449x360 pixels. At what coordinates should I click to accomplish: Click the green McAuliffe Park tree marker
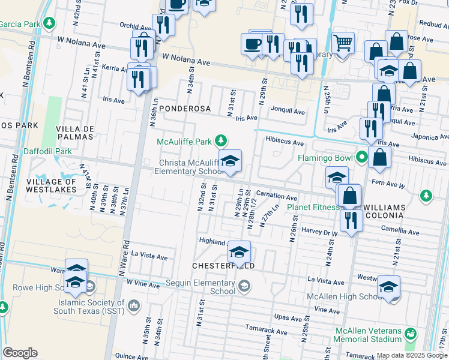click(x=221, y=141)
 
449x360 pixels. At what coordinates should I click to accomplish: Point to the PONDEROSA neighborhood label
click(x=185, y=109)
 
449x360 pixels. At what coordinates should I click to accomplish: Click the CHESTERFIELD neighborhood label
click(x=223, y=265)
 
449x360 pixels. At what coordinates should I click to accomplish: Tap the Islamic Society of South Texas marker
click(x=134, y=307)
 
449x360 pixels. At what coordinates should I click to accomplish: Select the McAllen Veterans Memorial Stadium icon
click(x=411, y=333)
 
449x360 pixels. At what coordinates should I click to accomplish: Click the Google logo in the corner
click(x=20, y=353)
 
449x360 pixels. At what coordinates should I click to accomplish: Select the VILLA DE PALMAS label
click(x=75, y=133)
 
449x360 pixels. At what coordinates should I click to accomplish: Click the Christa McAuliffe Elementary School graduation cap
click(x=229, y=161)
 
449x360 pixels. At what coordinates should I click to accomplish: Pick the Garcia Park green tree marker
click(x=49, y=23)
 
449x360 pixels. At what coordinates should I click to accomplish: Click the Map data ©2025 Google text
click(x=412, y=355)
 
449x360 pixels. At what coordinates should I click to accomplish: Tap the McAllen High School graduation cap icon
click(x=388, y=288)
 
